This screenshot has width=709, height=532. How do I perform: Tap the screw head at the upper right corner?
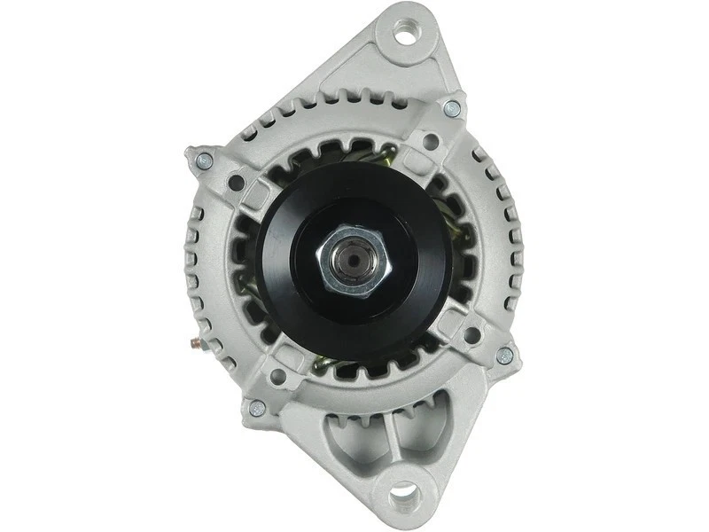click(x=451, y=109)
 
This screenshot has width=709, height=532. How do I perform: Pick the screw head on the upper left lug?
click(x=204, y=160)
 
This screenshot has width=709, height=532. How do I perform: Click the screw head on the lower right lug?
click(x=504, y=356)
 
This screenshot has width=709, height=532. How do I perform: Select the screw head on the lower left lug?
click(x=256, y=408)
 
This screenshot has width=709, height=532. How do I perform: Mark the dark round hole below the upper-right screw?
click(x=432, y=139)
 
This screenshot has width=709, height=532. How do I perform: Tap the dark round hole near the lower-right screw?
click(x=471, y=335)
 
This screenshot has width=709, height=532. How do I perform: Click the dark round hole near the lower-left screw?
click(x=277, y=377)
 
